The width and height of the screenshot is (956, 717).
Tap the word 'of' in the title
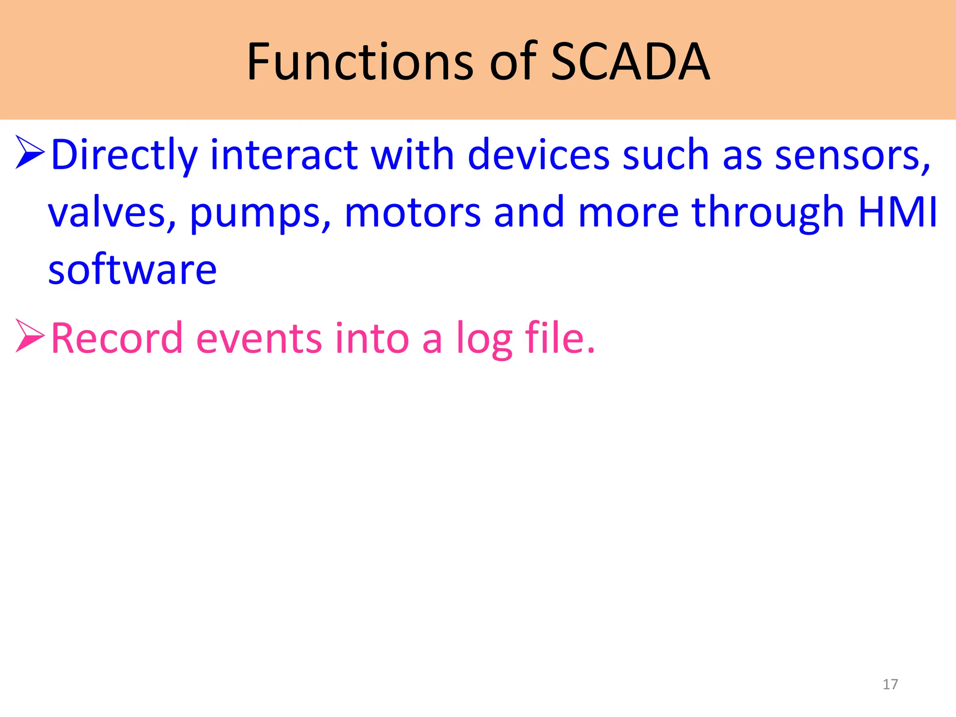tap(513, 62)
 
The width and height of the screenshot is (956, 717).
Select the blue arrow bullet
tap(30, 152)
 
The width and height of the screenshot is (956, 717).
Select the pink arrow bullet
tap(30, 336)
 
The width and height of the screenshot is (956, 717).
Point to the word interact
tap(284, 155)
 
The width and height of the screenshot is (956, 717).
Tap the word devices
tap(539, 155)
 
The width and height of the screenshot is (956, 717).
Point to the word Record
tap(117, 338)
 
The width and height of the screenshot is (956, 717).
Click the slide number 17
tap(890, 684)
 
